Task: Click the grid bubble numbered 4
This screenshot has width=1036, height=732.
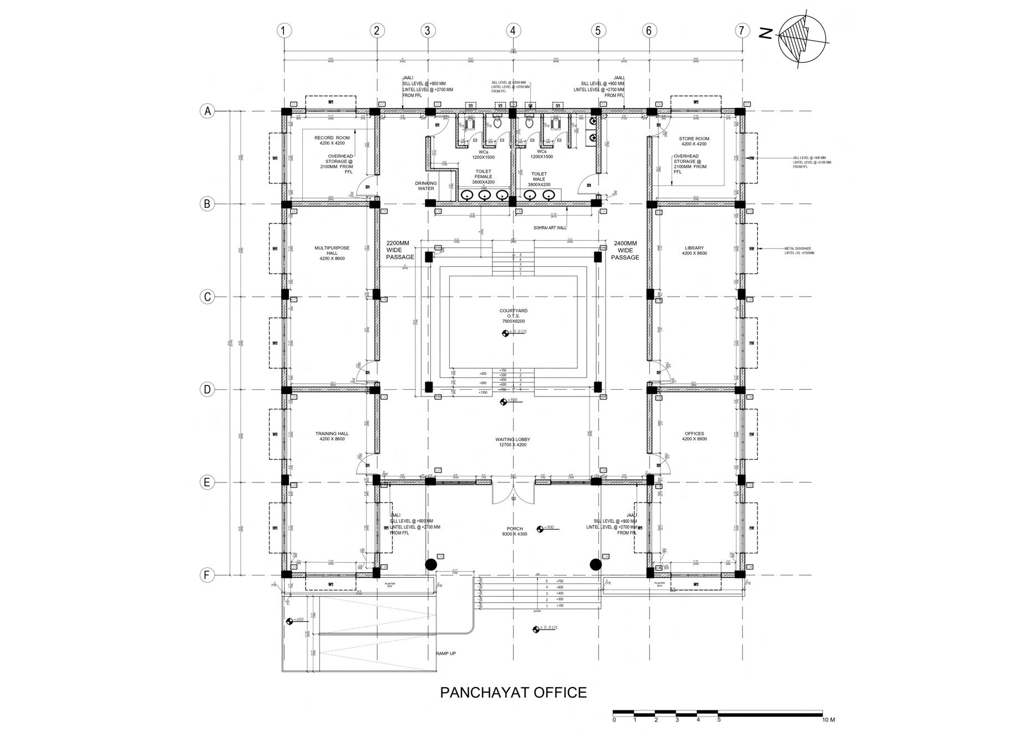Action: point(513,30)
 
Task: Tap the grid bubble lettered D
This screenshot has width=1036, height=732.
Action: point(207,389)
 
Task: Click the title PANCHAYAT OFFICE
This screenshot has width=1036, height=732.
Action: point(513,693)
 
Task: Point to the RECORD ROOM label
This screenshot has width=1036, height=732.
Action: point(332,140)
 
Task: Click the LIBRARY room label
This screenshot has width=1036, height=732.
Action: point(694,251)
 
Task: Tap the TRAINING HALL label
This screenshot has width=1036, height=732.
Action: point(332,436)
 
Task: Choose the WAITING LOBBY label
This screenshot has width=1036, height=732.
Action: point(513,442)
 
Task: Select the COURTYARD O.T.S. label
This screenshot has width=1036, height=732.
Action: point(513,316)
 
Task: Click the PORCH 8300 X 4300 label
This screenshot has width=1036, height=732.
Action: point(515,531)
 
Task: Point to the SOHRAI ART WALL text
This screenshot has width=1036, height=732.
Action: point(550,227)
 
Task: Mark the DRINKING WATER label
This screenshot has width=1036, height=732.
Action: point(426,186)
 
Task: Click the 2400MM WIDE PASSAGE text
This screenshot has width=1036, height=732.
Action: point(625,250)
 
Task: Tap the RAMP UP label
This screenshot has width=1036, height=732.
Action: point(446,654)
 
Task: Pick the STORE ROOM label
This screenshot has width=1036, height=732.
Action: point(694,141)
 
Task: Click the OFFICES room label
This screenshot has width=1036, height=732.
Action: point(694,436)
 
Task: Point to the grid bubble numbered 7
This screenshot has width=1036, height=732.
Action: point(742,30)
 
